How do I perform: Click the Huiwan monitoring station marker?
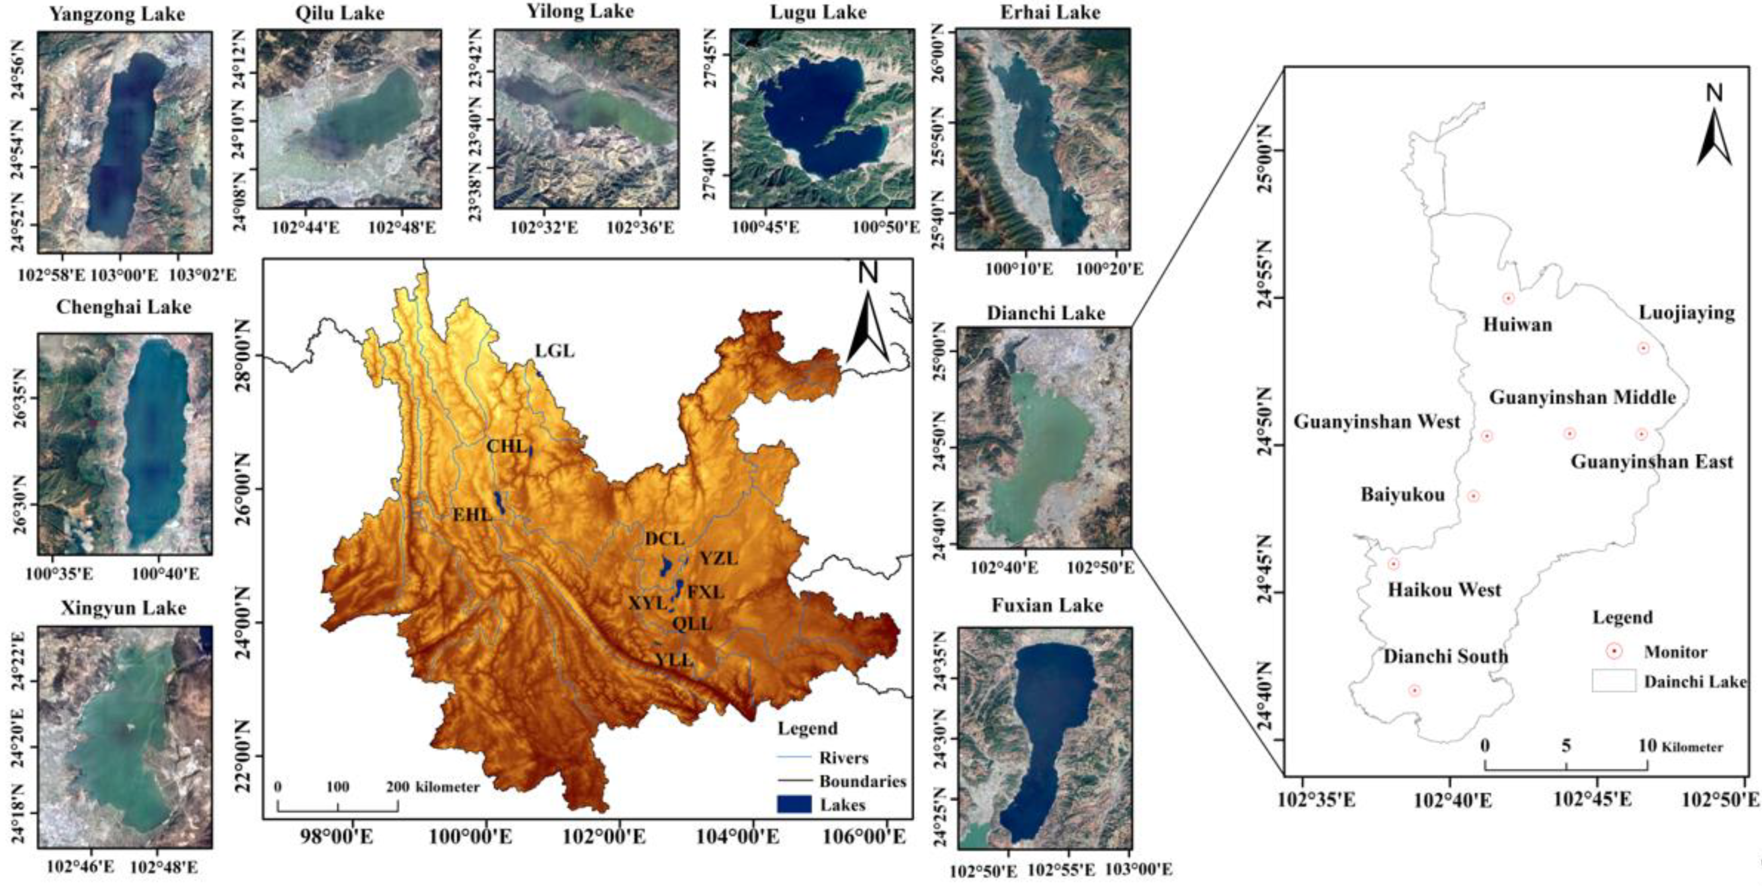click(1508, 298)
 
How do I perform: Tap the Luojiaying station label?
click(1687, 313)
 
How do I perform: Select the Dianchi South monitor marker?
click(1414, 691)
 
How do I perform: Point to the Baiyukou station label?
click(1402, 494)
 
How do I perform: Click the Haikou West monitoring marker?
click(1393, 564)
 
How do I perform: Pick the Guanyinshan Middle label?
click(1582, 397)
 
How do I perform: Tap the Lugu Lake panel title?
click(818, 12)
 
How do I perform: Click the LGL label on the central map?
click(555, 351)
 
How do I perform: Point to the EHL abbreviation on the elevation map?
click(472, 515)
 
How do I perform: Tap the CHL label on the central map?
click(507, 447)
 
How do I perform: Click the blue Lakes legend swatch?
click(794, 805)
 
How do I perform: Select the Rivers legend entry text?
click(844, 758)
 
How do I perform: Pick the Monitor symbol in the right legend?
click(1614, 652)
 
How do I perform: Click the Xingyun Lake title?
click(123, 608)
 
